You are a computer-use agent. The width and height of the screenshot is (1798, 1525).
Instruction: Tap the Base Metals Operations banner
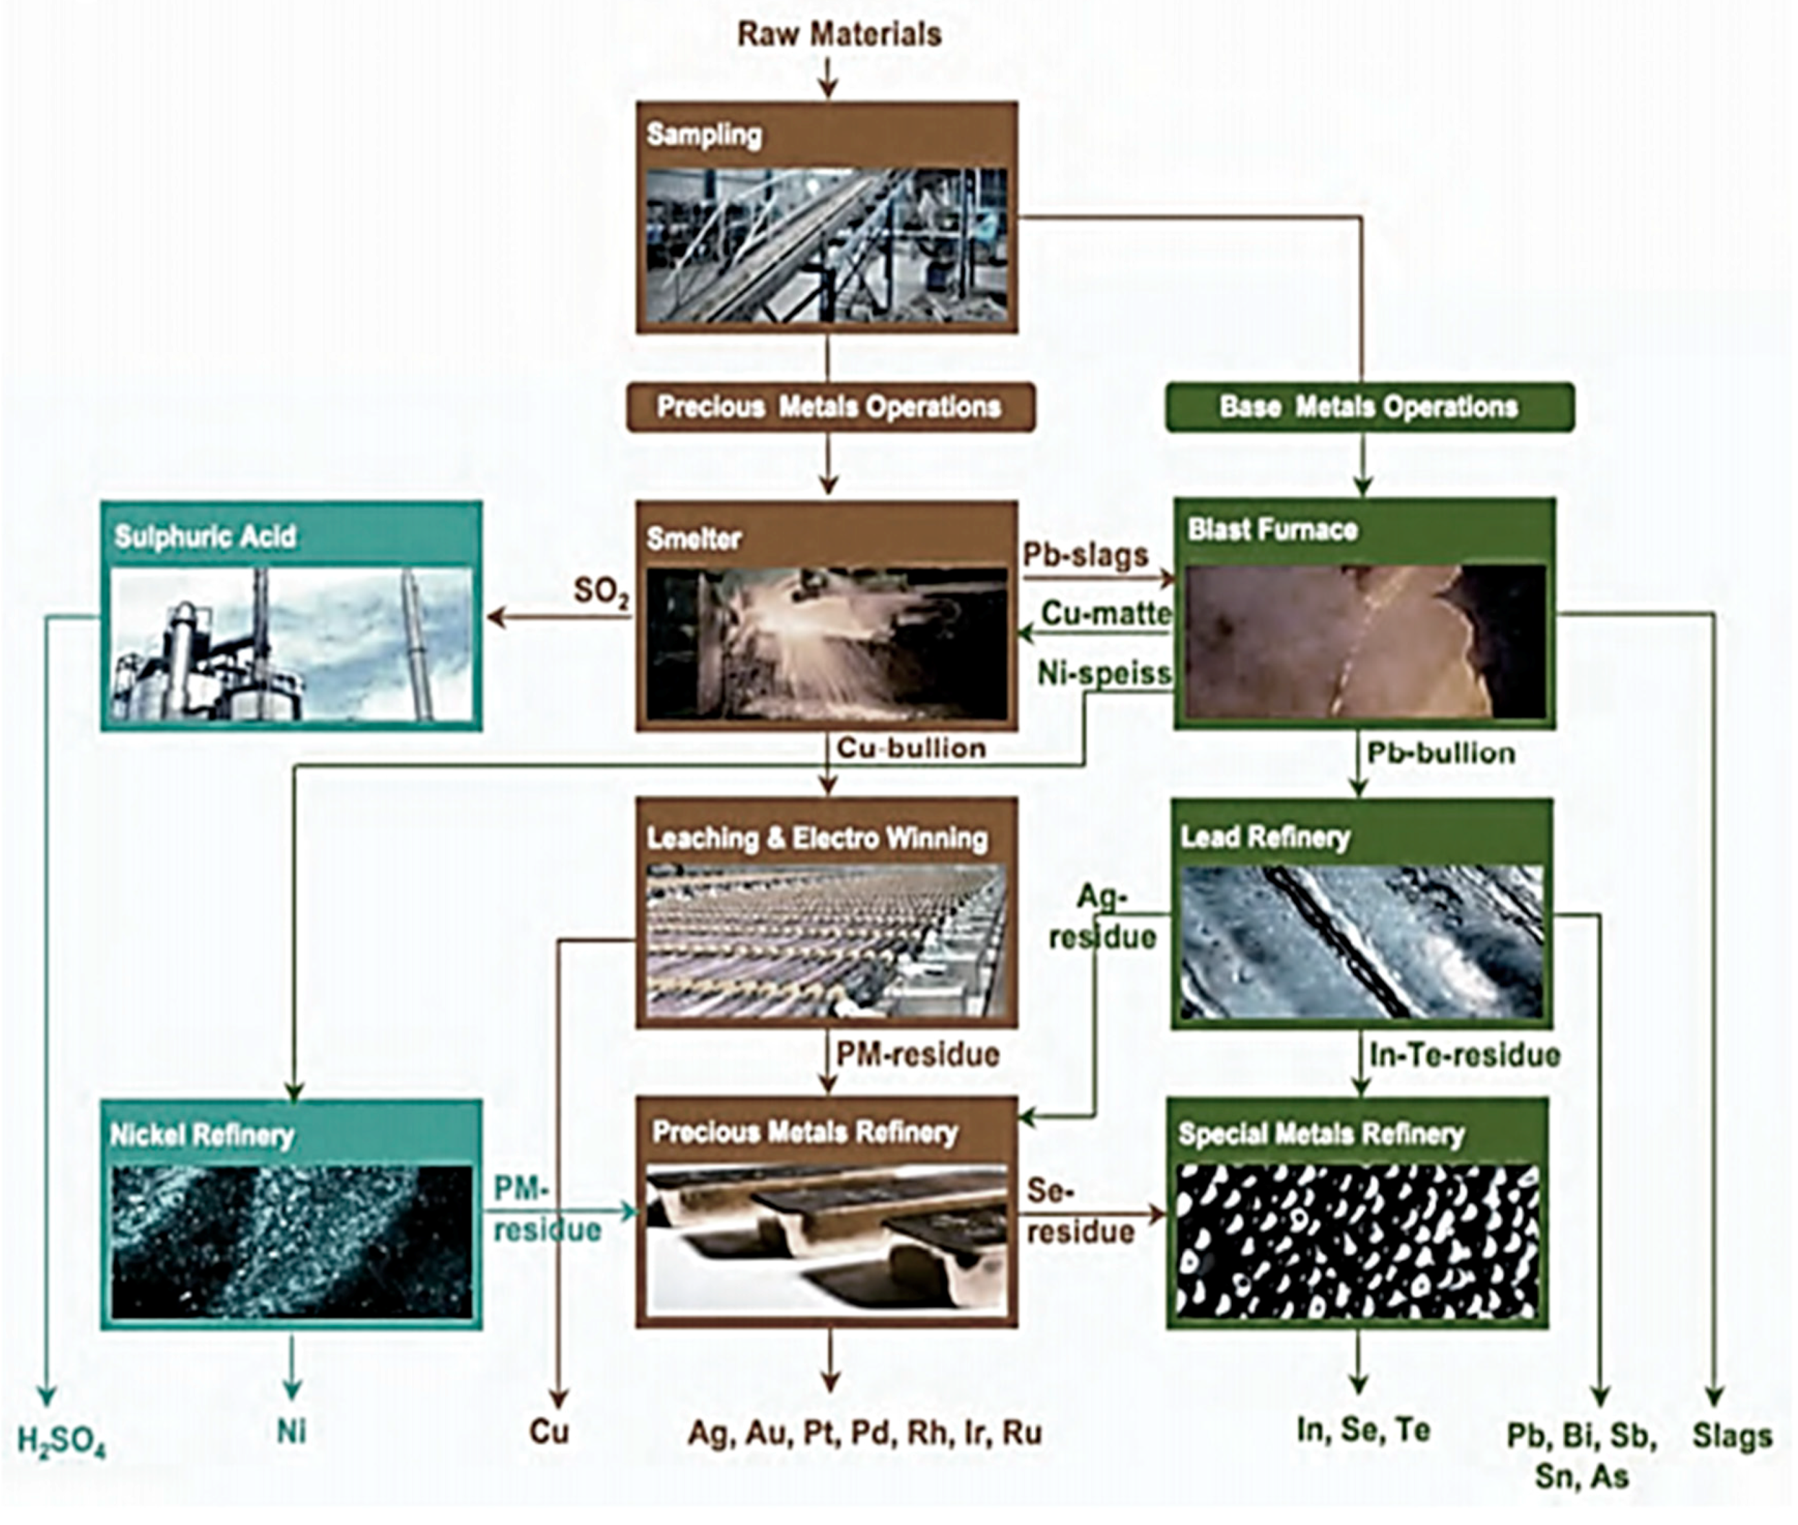[1368, 407]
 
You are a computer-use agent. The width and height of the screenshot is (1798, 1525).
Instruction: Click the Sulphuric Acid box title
[206, 537]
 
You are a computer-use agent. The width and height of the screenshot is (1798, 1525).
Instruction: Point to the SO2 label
[602, 591]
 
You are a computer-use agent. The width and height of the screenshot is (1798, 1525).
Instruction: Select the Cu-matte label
[1106, 614]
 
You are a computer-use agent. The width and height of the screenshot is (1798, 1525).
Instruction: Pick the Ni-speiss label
[1104, 674]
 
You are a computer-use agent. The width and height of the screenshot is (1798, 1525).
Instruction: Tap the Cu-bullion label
[911, 749]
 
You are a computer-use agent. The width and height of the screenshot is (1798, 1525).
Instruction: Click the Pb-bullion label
[1440, 754]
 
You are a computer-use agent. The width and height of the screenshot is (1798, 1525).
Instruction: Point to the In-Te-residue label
[1464, 1055]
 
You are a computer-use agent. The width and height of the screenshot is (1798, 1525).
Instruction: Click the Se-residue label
[1079, 1211]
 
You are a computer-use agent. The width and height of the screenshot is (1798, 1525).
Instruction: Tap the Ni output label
[291, 1432]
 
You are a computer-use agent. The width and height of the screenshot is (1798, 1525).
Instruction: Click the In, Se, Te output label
[1363, 1431]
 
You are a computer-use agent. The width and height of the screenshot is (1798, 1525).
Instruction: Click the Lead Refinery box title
[1265, 837]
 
